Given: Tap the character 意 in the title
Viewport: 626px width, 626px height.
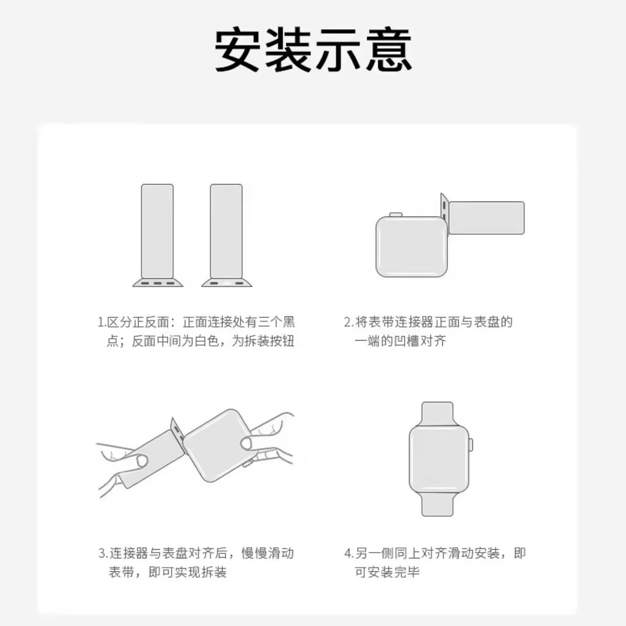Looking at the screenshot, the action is point(389,50).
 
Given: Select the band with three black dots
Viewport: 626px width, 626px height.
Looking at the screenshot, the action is point(157,235).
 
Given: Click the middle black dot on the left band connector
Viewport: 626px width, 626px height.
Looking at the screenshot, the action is point(158,284).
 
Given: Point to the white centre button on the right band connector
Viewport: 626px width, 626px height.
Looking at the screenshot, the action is point(227,284).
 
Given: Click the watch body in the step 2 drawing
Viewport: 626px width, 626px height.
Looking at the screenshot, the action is point(411,247).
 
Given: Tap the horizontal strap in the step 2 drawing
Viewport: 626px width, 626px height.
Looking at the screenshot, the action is point(486,218).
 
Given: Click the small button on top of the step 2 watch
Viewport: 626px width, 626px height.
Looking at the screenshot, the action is point(396,215).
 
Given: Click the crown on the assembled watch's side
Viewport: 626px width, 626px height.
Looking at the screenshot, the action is point(471,445).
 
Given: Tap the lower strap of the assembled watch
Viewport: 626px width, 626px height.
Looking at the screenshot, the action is point(438,503).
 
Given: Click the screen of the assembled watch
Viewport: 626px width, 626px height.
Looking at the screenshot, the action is point(438,459).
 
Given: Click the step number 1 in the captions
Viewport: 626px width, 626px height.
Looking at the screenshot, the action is point(101,322).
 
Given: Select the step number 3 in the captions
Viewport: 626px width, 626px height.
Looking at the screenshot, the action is point(103,553).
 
